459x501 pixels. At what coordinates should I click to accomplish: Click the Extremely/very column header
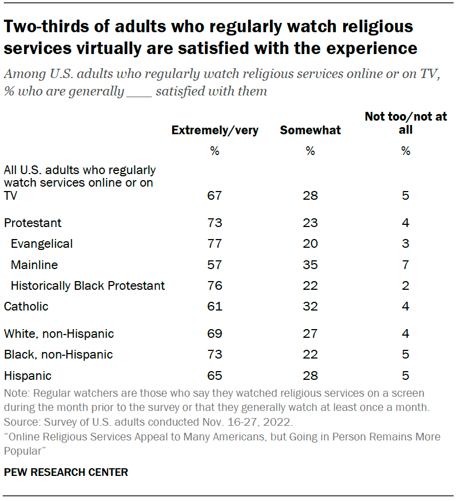[215, 130]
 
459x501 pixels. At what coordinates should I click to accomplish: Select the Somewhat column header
[310, 130]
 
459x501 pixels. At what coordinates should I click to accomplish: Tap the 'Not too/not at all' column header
[405, 123]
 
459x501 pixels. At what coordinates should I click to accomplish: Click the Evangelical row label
[42, 243]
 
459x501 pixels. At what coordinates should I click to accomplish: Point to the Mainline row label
[34, 265]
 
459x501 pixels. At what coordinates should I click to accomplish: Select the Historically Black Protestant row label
[87, 285]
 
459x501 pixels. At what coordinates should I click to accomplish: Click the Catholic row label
[26, 306]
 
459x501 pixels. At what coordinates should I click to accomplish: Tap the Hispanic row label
[27, 375]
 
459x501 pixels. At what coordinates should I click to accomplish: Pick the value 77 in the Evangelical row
[215, 243]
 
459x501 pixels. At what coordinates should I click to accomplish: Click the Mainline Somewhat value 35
[310, 265]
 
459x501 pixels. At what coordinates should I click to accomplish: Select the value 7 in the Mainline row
[405, 265]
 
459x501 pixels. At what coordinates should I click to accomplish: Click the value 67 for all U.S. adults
[215, 196]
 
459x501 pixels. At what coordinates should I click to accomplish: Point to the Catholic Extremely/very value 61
[215, 306]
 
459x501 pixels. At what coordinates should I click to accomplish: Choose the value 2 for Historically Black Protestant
[405, 285]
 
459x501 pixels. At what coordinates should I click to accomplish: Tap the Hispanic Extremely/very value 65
[215, 375]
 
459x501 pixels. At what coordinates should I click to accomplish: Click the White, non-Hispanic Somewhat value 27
[310, 333]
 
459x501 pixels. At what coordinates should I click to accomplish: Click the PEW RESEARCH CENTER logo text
[66, 472]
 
